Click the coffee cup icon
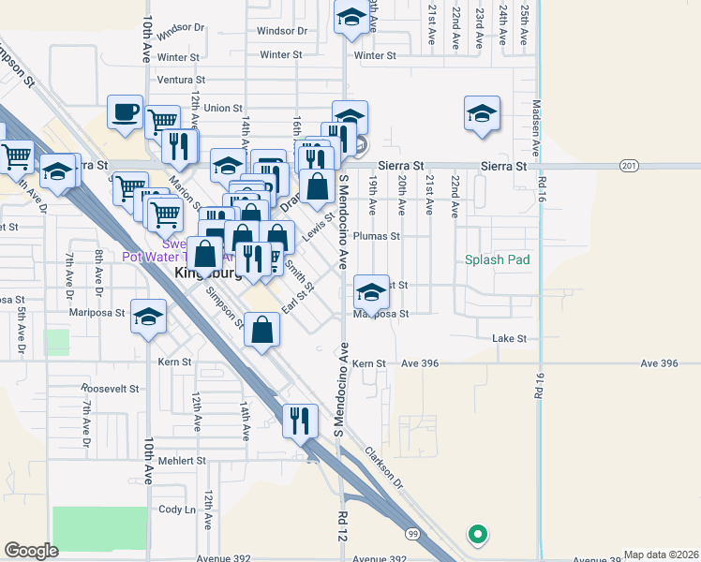125,113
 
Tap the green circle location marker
477,535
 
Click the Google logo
31,551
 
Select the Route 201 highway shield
627,166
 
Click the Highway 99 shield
413,534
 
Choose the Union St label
222,109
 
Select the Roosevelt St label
109,388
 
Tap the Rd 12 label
343,525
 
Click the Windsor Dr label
181,28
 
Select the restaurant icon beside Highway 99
299,420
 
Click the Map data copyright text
661,555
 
